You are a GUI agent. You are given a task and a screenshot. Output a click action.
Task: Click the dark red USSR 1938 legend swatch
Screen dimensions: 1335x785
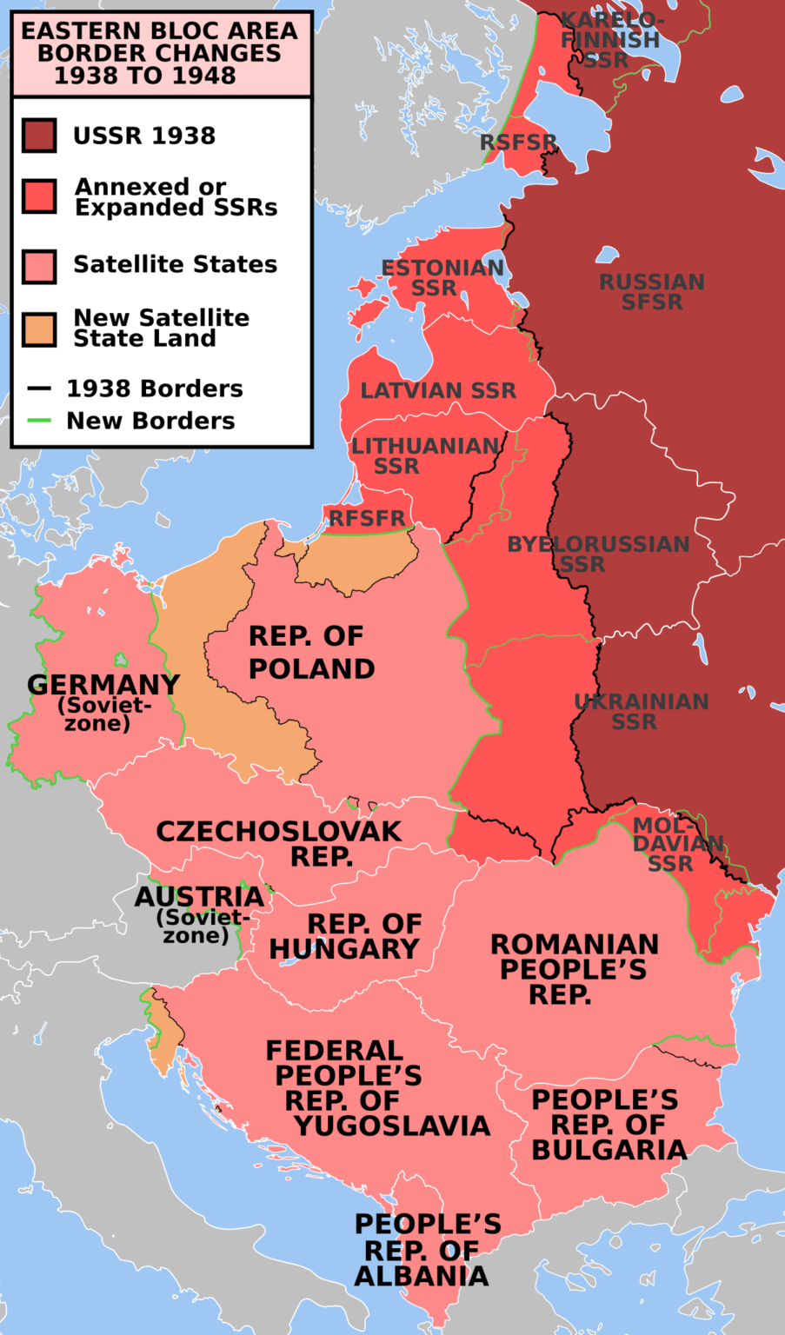click(x=40, y=136)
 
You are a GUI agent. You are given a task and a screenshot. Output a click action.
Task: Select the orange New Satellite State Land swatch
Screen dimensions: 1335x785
click(x=40, y=329)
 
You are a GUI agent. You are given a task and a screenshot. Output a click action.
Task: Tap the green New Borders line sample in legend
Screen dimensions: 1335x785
click(x=40, y=421)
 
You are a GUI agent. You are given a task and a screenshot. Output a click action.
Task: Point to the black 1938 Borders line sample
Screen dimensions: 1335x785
click(x=40, y=389)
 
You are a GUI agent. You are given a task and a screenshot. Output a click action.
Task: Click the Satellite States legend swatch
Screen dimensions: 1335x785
click(x=40, y=266)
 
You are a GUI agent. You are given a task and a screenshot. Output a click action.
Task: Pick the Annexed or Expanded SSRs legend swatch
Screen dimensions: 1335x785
click(x=40, y=196)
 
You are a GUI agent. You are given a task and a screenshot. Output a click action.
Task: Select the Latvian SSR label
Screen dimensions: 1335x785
click(x=438, y=391)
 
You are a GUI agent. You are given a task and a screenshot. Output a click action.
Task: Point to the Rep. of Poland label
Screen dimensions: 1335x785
click(x=311, y=653)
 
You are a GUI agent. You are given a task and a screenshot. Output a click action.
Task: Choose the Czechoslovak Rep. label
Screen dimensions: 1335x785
click(x=279, y=843)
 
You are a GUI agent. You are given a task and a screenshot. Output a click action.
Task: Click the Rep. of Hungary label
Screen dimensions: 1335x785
click(x=345, y=936)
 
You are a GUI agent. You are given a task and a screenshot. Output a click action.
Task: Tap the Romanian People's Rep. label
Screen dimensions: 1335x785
click(x=574, y=969)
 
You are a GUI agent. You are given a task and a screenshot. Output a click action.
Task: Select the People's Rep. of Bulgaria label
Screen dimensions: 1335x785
click(x=609, y=1125)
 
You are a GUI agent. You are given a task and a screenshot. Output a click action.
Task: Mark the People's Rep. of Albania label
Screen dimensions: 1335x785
click(x=426, y=1250)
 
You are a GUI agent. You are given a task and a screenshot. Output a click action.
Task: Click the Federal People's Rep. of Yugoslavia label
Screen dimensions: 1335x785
click(x=377, y=1088)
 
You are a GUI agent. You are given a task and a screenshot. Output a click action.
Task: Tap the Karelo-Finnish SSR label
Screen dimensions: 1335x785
click(x=610, y=40)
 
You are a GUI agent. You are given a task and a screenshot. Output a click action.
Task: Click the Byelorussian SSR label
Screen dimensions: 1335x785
click(x=598, y=555)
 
